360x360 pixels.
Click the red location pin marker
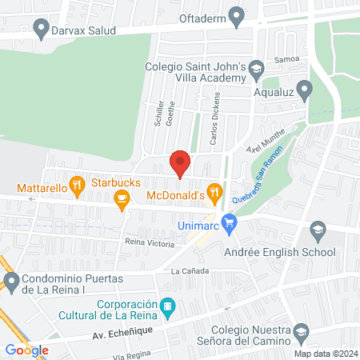coord(181,162)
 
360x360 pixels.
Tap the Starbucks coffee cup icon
coord(122,199)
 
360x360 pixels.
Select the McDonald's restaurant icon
coord(214,192)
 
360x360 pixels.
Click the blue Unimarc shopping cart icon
coord(230,222)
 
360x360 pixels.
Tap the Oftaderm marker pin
coord(236,14)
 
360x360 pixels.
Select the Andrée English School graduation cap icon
coord(318,231)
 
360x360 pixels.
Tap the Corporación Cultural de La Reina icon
coord(167,305)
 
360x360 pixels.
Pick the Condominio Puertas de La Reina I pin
coord(11,281)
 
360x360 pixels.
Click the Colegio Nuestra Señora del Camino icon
coord(301,331)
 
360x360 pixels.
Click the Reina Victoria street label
coord(150,242)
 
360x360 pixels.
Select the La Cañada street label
coord(190,271)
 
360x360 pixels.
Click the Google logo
coord(26,350)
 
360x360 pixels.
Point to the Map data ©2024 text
coord(325,353)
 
